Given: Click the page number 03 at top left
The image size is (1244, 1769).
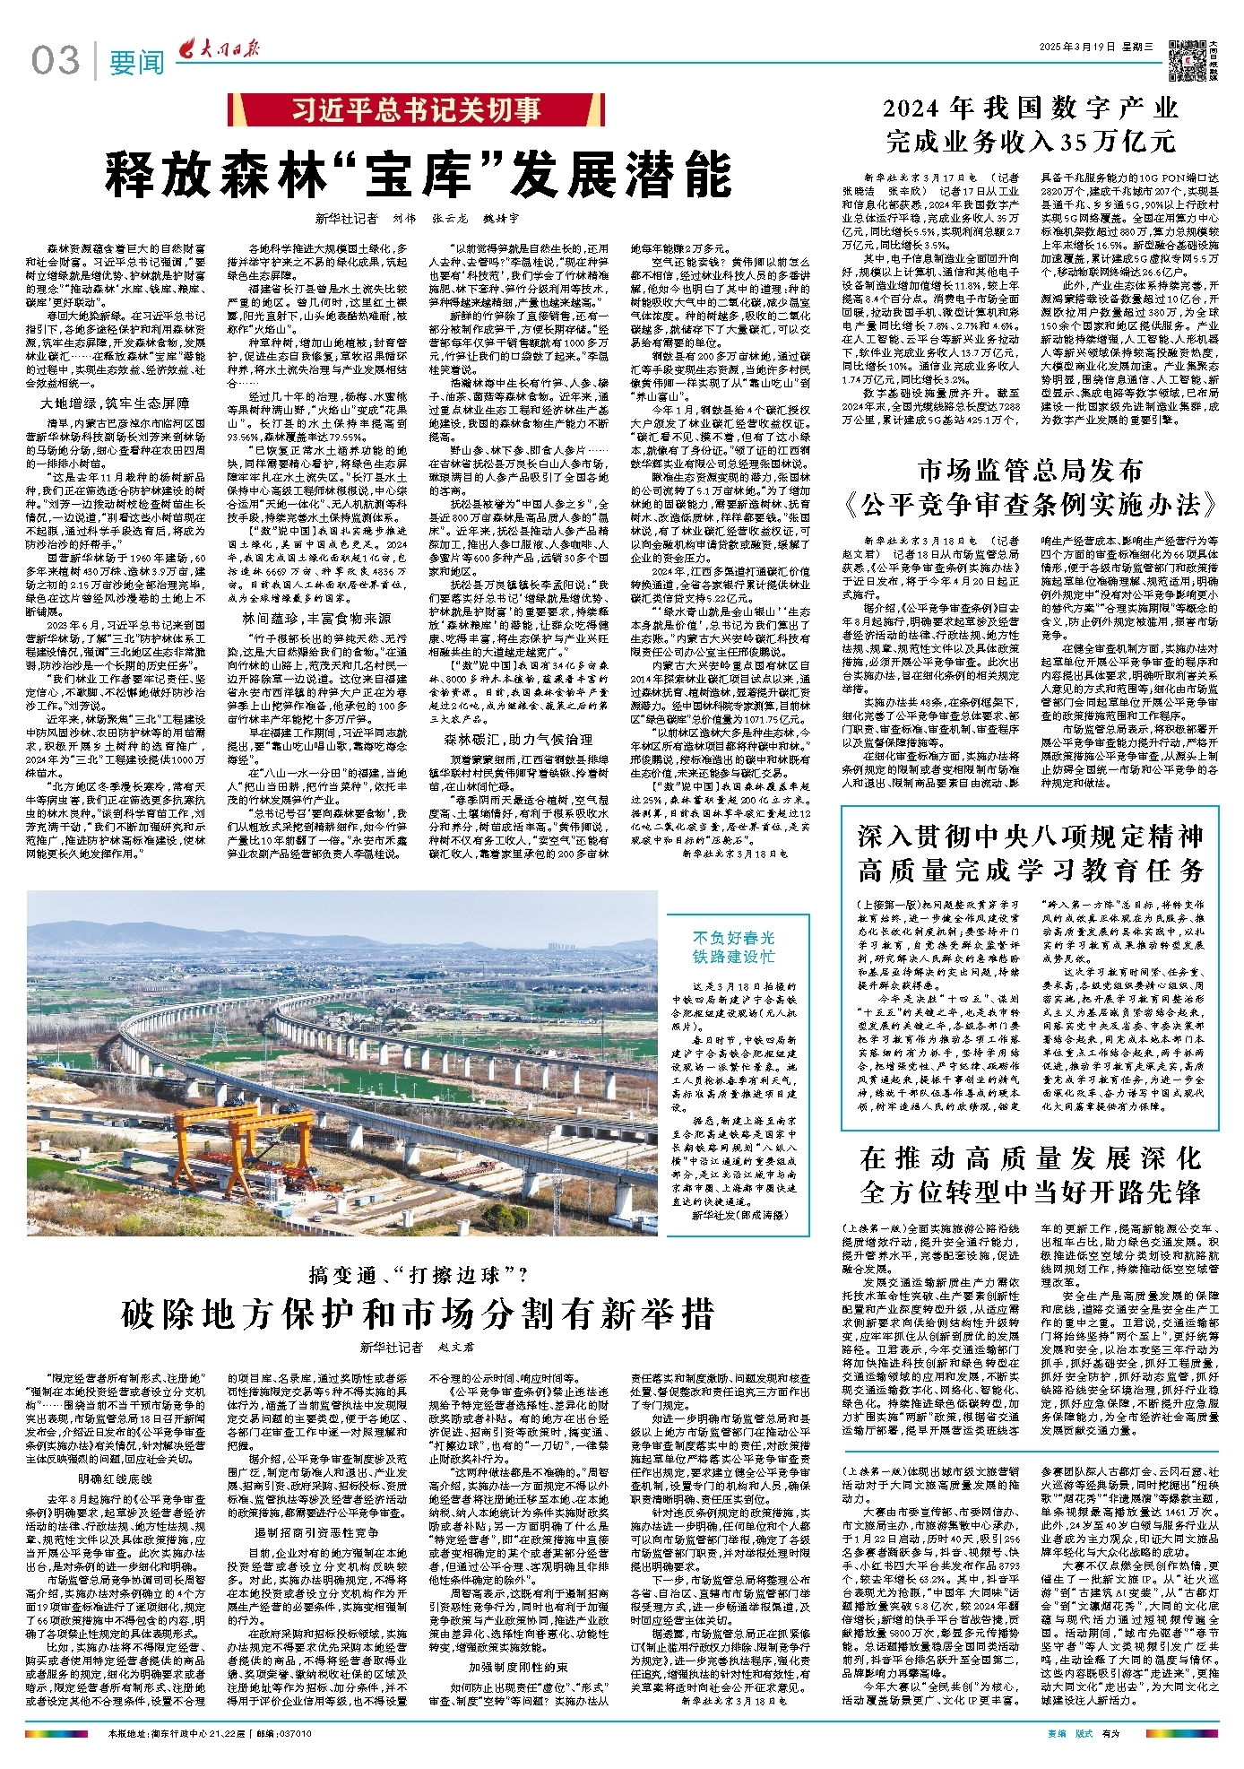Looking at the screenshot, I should pos(56,61).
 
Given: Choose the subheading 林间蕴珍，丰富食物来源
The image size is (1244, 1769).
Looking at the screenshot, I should pos(316,618).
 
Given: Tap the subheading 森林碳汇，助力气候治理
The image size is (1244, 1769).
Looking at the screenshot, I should pos(518,740).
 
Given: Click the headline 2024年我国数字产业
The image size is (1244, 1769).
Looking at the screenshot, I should pos(1030,109).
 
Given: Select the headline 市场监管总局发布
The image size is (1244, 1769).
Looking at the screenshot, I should pos(1030,470).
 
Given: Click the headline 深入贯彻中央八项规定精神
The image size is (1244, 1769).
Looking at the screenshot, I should pos(1030,836).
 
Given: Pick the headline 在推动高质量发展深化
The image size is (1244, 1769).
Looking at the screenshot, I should pos(1030,1158).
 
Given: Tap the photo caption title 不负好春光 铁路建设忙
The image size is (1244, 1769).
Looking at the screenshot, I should pos(733,947).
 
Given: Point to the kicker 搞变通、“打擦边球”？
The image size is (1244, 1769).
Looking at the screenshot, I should pos(418,1274).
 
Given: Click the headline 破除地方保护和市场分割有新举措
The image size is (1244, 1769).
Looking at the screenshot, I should pos(418,1314).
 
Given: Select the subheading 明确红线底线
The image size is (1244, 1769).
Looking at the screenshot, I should pos(116,1479).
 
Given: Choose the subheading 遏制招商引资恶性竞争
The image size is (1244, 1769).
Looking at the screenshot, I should pos(316,1532).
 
